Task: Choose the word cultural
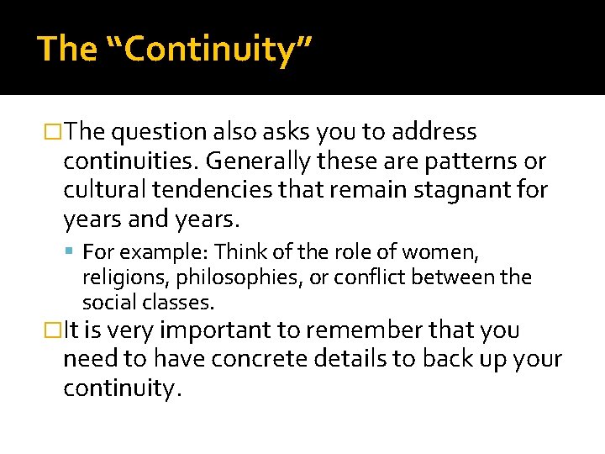[x=105, y=191]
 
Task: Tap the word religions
[x=118, y=277]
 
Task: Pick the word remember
[x=382, y=330]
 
